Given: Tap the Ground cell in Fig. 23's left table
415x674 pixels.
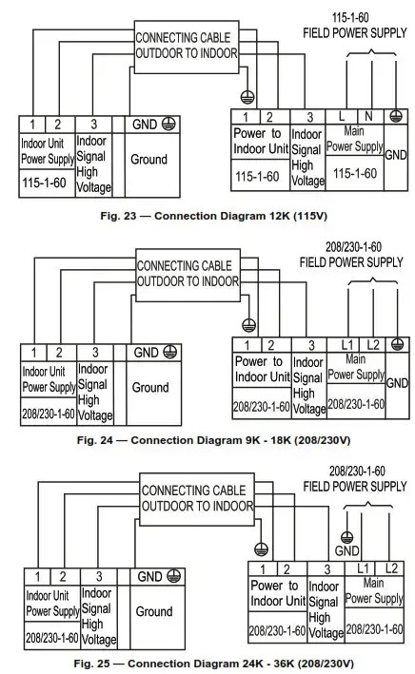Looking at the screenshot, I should coord(149,160).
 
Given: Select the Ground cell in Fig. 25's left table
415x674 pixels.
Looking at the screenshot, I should coord(153,611).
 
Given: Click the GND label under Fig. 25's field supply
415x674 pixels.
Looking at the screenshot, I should coord(347,550).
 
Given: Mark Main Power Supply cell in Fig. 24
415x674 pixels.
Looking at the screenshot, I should coord(356,369).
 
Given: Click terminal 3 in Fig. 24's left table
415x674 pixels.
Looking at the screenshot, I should coord(95,352).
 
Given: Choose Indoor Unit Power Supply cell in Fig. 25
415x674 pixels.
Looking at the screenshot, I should coord(51,604).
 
